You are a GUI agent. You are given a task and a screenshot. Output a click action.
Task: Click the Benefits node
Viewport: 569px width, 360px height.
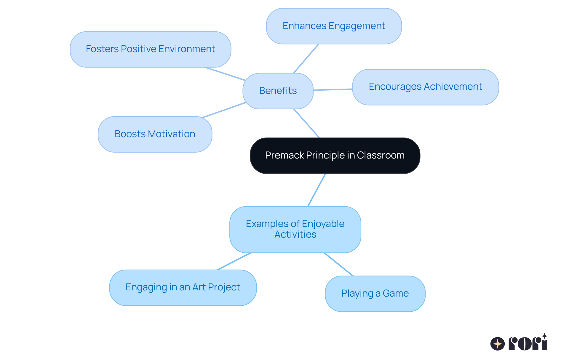[278, 91]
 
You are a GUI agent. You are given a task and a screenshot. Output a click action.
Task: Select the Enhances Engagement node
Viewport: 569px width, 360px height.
[334, 26]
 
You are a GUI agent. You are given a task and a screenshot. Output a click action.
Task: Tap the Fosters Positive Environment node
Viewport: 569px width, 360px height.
[150, 49]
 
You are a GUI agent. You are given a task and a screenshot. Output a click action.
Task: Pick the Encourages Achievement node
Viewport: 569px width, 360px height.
[425, 87]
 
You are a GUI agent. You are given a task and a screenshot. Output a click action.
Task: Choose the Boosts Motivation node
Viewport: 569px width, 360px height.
[155, 134]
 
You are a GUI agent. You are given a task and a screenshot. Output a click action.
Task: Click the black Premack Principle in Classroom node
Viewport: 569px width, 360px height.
[335, 156]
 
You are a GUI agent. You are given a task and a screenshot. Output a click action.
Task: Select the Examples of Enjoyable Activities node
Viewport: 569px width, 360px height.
[295, 229]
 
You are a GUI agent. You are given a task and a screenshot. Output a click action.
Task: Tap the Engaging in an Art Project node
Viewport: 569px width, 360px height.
[183, 287]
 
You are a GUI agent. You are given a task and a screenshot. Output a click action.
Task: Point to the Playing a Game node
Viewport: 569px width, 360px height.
[375, 294]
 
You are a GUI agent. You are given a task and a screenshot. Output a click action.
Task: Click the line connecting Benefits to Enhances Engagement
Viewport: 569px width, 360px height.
[306, 59]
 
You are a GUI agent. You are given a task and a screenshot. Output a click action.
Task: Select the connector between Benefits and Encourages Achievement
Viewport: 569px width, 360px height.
[333, 89]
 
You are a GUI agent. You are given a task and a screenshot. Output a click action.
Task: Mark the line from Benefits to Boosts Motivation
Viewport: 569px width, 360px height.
[224, 110]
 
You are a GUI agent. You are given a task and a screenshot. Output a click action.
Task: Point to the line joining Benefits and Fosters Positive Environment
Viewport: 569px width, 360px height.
[225, 74]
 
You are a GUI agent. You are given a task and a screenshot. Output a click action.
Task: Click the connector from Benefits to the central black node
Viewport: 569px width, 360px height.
[306, 123]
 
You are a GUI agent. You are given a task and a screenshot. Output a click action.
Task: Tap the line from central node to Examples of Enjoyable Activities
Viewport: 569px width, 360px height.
[317, 190]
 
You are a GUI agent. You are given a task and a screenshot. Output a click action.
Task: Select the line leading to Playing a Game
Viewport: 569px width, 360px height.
[339, 264]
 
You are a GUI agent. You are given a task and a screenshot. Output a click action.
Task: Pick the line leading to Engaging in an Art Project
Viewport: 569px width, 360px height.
[234, 261]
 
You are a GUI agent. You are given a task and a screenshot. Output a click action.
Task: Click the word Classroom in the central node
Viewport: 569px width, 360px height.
[381, 156]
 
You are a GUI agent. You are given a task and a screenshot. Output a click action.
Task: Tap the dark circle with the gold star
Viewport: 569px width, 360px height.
[498, 344]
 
